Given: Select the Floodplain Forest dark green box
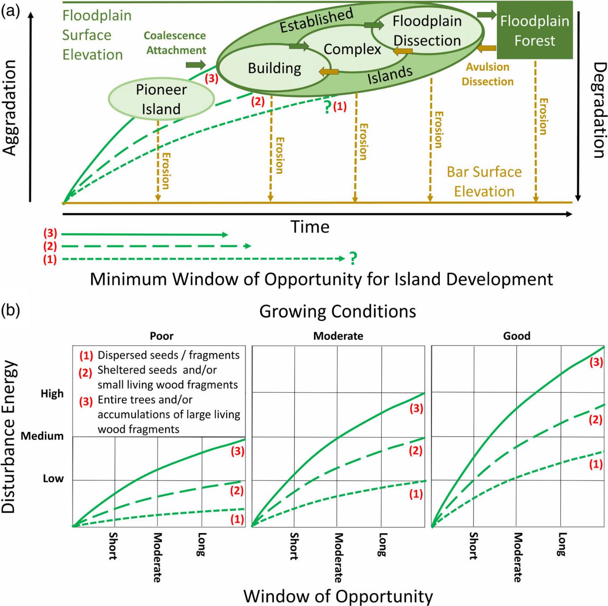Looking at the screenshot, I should (x=534, y=30).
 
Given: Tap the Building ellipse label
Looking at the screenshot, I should (x=274, y=68).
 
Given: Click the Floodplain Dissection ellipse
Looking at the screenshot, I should (x=427, y=31).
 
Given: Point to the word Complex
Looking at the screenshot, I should (x=352, y=49).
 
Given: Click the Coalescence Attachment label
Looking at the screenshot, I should (x=175, y=43).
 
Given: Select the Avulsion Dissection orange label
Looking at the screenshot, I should (x=487, y=74).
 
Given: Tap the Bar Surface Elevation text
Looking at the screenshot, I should (x=484, y=182).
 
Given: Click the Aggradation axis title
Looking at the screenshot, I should (x=10, y=107).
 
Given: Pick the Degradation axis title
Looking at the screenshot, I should (x=598, y=110).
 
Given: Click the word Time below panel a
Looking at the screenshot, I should (x=310, y=227).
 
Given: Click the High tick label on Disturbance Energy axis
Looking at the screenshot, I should (x=52, y=394).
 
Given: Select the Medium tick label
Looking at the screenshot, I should (x=42, y=436).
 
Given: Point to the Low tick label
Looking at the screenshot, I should (x=53, y=479).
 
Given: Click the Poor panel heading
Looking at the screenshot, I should (x=161, y=336).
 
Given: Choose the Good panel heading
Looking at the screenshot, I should (x=516, y=336).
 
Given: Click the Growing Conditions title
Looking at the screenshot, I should (x=338, y=311).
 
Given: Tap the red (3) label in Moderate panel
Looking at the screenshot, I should (x=416, y=408).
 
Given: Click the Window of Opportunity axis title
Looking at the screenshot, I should (x=338, y=596).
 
